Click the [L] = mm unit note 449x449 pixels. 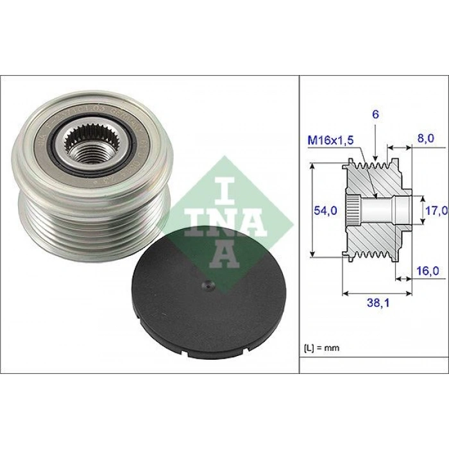(321, 348)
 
